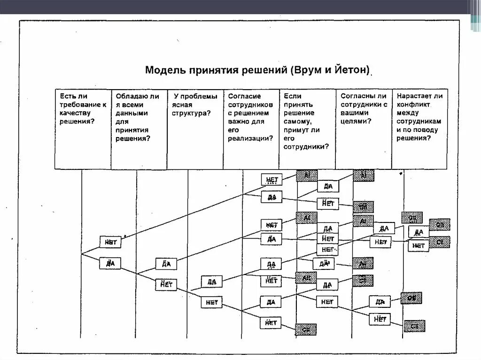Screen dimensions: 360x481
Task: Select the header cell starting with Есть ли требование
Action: click(83, 129)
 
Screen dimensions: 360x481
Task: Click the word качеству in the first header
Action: click(74, 113)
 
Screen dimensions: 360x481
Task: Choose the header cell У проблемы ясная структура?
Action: click(195, 129)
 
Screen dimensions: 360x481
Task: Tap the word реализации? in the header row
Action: click(250, 138)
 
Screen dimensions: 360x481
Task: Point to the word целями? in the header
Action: click(356, 122)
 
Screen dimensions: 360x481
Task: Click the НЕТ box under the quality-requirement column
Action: click(110, 242)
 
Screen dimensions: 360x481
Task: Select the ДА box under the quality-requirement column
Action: click(110, 263)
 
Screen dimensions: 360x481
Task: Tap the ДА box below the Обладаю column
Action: click(166, 264)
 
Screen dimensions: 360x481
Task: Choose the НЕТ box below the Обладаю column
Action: click(166, 284)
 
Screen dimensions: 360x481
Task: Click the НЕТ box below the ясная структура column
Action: click(212, 302)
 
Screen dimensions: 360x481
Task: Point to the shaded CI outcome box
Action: click(440, 242)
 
